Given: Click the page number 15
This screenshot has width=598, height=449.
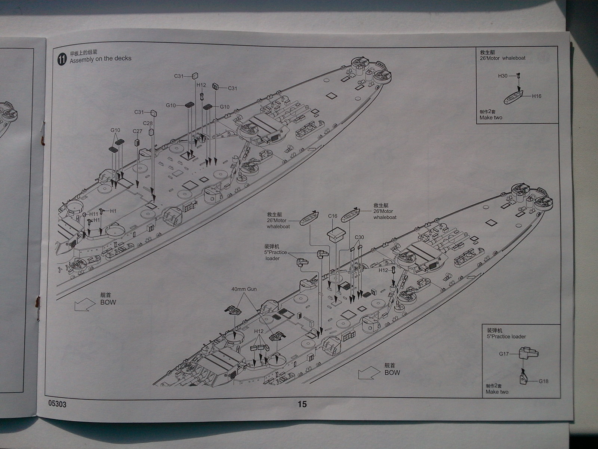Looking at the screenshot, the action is coord(302,404).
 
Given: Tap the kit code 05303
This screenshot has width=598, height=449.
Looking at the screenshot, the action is coord(58,404).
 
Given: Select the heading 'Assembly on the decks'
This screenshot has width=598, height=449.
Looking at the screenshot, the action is coord(101,59).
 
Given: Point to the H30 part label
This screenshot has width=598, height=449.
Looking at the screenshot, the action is coord(503,76).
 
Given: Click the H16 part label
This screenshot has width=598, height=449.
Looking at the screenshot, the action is coord(536,96).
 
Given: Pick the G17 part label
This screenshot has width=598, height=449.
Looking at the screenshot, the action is coord(504,354).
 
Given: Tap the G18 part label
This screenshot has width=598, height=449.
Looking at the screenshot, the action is coord(543,381).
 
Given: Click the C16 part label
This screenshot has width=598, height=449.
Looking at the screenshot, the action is coord(333,216).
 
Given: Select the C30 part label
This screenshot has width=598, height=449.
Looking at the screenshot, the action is coord(359,238).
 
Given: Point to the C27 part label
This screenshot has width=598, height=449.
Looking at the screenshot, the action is coord(137,131).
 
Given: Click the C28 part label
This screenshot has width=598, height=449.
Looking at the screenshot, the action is coord(147,123).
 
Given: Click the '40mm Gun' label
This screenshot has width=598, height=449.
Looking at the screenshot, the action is coord(244,289).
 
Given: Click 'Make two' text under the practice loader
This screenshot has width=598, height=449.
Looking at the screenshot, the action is coord(497,392).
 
